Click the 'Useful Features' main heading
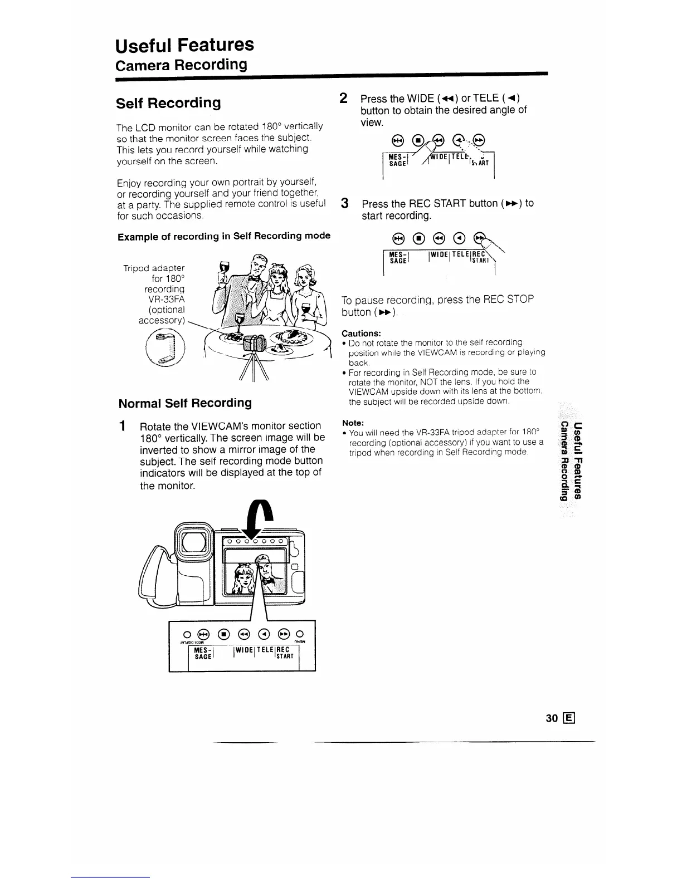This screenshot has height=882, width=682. click(184, 45)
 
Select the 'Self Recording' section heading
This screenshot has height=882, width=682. click(168, 103)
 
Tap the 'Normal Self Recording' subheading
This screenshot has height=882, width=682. click(185, 403)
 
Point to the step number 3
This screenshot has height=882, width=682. click(345, 203)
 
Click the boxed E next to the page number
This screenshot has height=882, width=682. click(569, 718)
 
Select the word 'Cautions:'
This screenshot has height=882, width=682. click(361, 334)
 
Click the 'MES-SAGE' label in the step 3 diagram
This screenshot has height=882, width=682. click(398, 257)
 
